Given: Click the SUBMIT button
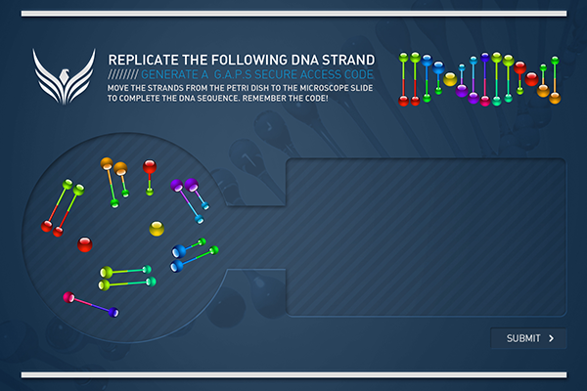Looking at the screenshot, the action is tap(528, 338).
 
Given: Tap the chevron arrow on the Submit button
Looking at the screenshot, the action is tap(551, 338).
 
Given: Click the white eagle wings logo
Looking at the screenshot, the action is tap(64, 76).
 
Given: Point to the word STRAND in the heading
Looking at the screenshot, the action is tap(348, 60).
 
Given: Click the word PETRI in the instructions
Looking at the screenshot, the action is tap(238, 88).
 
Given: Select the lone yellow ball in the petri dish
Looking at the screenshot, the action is tap(157, 228).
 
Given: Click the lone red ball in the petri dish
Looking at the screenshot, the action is tap(84, 244).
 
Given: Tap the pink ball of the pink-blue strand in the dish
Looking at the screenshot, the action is tap(68, 297).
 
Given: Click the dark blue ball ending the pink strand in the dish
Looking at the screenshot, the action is tap(113, 312).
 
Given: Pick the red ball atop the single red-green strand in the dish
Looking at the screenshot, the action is tap(150, 166).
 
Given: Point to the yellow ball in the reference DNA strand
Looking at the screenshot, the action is tap(450, 79).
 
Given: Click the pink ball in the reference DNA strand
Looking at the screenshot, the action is tap(485, 101).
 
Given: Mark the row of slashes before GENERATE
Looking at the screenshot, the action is tap(123, 74).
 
